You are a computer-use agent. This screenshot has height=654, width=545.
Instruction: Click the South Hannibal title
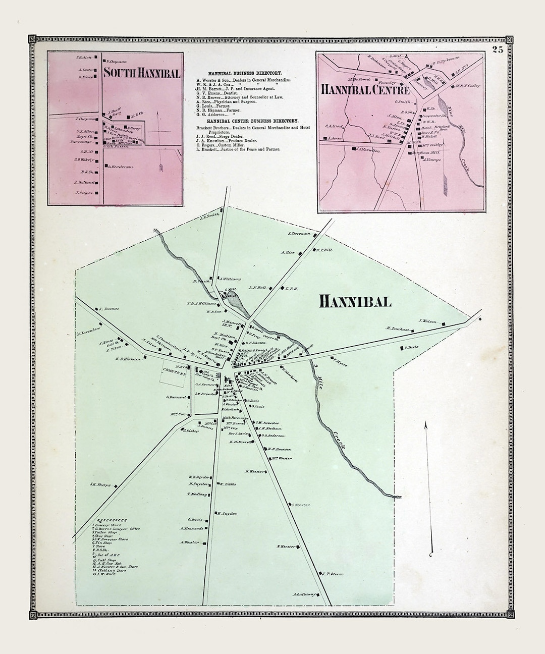point(141,73)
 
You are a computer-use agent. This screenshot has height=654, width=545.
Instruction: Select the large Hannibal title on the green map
point(355,301)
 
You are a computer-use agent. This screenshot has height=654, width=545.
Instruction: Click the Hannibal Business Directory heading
point(247,73)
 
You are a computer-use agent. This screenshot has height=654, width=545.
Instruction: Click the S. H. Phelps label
point(100,485)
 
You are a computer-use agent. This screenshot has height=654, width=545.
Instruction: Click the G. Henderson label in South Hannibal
point(120,166)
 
